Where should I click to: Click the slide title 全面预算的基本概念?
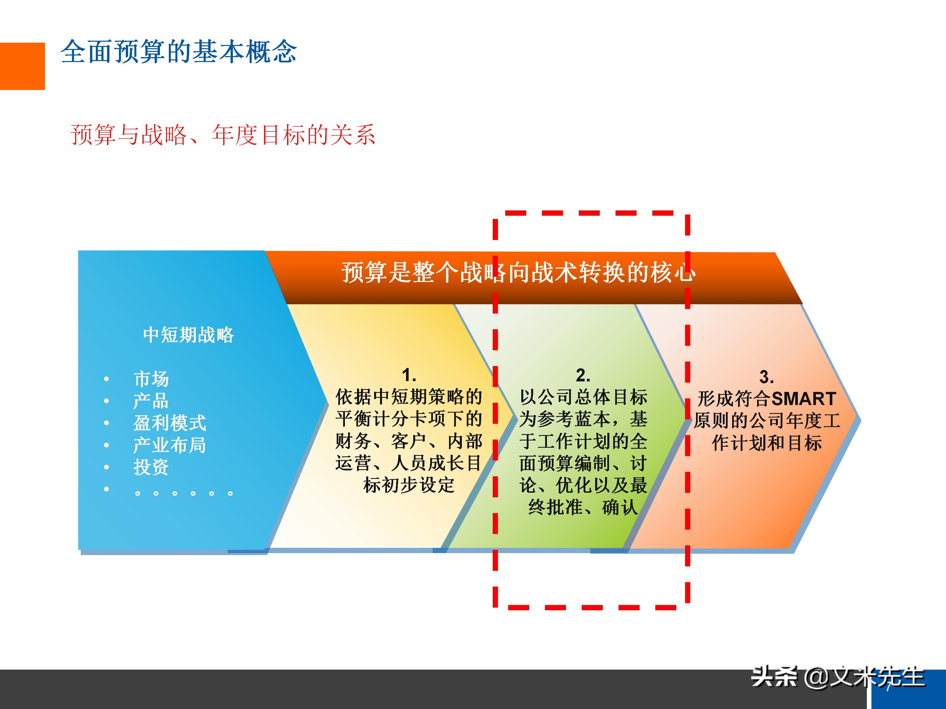tap(179, 52)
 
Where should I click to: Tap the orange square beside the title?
tap(22, 66)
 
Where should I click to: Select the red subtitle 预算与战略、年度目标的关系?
tap(223, 135)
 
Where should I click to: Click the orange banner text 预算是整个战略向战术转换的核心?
tap(519, 272)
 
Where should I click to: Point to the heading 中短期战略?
tap(189, 334)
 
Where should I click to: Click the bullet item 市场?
tap(151, 379)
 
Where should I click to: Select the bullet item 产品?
tap(151, 401)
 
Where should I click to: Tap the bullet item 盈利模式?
tap(170, 423)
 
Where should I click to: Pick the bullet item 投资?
tap(151, 467)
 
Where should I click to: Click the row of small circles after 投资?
tap(184, 493)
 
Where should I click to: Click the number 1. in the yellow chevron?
tap(409, 375)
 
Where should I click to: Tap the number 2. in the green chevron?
tap(583, 375)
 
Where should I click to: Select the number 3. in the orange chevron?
tap(766, 377)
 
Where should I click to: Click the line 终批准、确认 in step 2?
tap(583, 507)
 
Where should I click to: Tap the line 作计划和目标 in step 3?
tap(767, 443)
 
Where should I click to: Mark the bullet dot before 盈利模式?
tap(106, 423)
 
